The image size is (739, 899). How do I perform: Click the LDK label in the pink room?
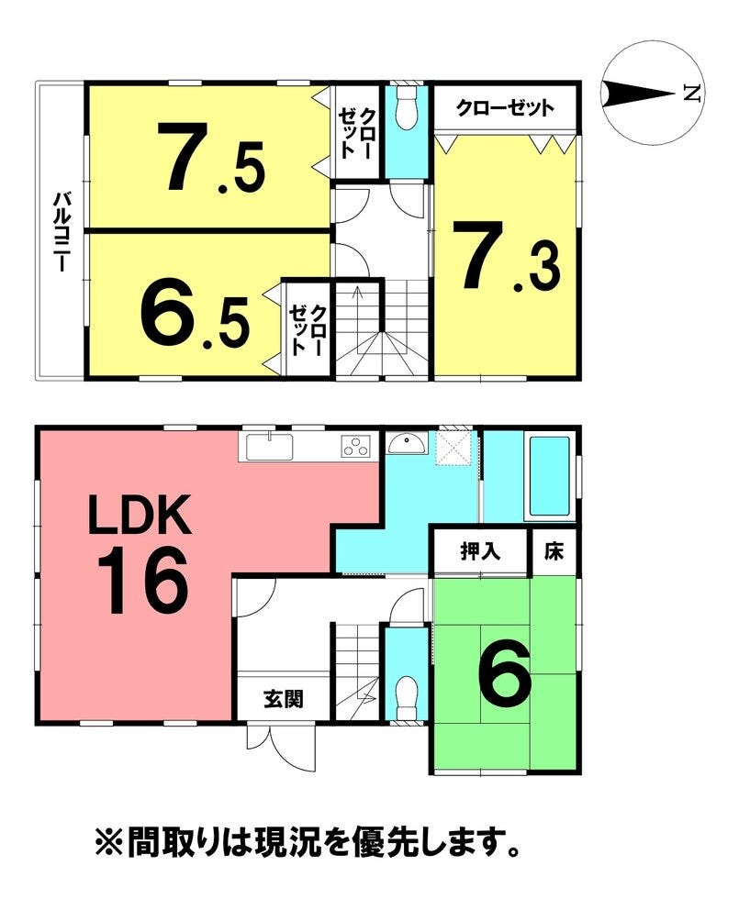[140, 516]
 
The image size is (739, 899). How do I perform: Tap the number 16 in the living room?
[142, 580]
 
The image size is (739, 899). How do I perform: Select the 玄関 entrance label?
[284, 699]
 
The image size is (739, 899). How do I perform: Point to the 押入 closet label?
[480, 551]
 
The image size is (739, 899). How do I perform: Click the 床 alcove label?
[554, 551]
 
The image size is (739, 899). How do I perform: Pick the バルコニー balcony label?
[62, 231]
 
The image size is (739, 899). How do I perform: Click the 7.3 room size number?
[506, 256]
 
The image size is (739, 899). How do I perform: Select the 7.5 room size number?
[212, 157]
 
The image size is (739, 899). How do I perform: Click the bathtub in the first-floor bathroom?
[549, 476]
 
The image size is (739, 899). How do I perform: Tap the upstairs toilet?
[408, 108]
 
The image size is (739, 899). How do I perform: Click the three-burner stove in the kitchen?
[356, 446]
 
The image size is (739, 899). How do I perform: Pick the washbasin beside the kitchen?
[407, 443]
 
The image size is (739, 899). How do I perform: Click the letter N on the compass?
[692, 93]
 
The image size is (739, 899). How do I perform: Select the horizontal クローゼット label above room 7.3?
[505, 108]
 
